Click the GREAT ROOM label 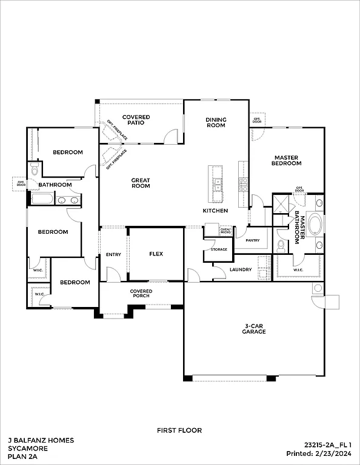pyautogui.click(x=141, y=183)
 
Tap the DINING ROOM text pyautogui.click(x=216, y=122)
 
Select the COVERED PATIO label pyautogui.click(x=136, y=120)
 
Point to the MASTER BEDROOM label pyautogui.click(x=286, y=160)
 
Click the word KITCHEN pyautogui.click(x=215, y=211)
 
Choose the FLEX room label pyautogui.click(x=156, y=254)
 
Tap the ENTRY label pyautogui.click(x=113, y=254)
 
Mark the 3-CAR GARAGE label pyautogui.click(x=254, y=329)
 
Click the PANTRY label pyautogui.click(x=253, y=240)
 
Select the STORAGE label pyautogui.click(x=219, y=249)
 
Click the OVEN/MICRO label pyautogui.click(x=225, y=231)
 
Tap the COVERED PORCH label pyautogui.click(x=141, y=294)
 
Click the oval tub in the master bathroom pyautogui.click(x=316, y=224)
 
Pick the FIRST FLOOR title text pyautogui.click(x=179, y=430)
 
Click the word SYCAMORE pyautogui.click(x=26, y=449)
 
